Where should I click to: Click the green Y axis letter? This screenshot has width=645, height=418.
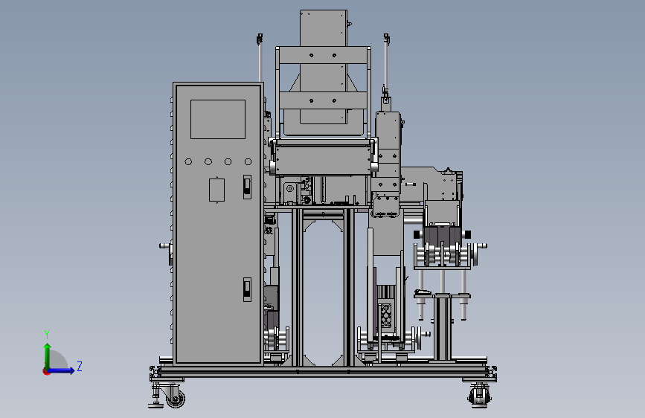click(47, 335)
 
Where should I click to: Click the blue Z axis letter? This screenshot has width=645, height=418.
click(80, 366)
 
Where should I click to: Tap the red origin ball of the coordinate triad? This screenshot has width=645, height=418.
click(46, 371)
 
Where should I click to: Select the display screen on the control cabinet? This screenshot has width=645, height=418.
click(218, 119)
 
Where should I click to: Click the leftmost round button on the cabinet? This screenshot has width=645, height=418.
click(188, 161)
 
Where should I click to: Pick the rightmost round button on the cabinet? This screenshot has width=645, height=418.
click(248, 161)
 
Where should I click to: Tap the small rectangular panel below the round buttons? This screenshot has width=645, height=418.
click(216, 190)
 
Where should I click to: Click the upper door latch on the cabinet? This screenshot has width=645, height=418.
click(247, 187)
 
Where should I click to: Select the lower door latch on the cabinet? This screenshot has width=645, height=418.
click(247, 289)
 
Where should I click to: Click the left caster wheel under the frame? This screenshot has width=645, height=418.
click(176, 398)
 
